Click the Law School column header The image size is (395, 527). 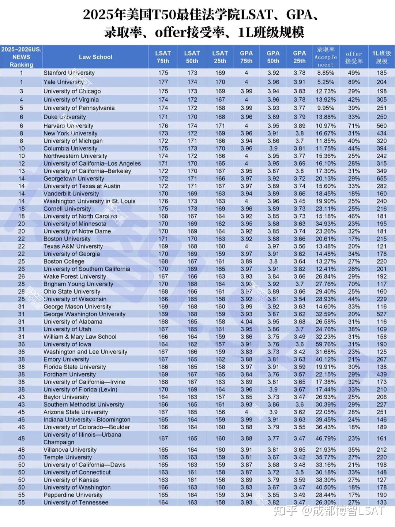[95, 57]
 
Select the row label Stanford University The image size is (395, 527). [69, 73]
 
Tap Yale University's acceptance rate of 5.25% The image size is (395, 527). [326, 82]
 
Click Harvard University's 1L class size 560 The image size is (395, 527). [381, 126]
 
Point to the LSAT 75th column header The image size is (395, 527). [163, 57]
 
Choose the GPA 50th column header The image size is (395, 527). [273, 57]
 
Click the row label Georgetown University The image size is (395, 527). [74, 179]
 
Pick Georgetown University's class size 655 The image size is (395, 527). [381, 179]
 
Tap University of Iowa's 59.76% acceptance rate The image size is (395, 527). [326, 344]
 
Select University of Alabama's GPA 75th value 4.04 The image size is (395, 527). [246, 322]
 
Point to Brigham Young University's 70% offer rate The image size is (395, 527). [354, 284]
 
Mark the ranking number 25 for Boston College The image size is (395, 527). [22, 261]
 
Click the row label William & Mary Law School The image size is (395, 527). [80, 337]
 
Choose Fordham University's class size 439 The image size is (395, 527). [381, 374]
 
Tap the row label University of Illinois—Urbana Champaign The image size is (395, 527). [82, 438]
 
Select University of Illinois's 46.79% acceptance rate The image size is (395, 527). [326, 438]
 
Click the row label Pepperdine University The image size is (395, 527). [73, 495]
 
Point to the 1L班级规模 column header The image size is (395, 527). [381, 57]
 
